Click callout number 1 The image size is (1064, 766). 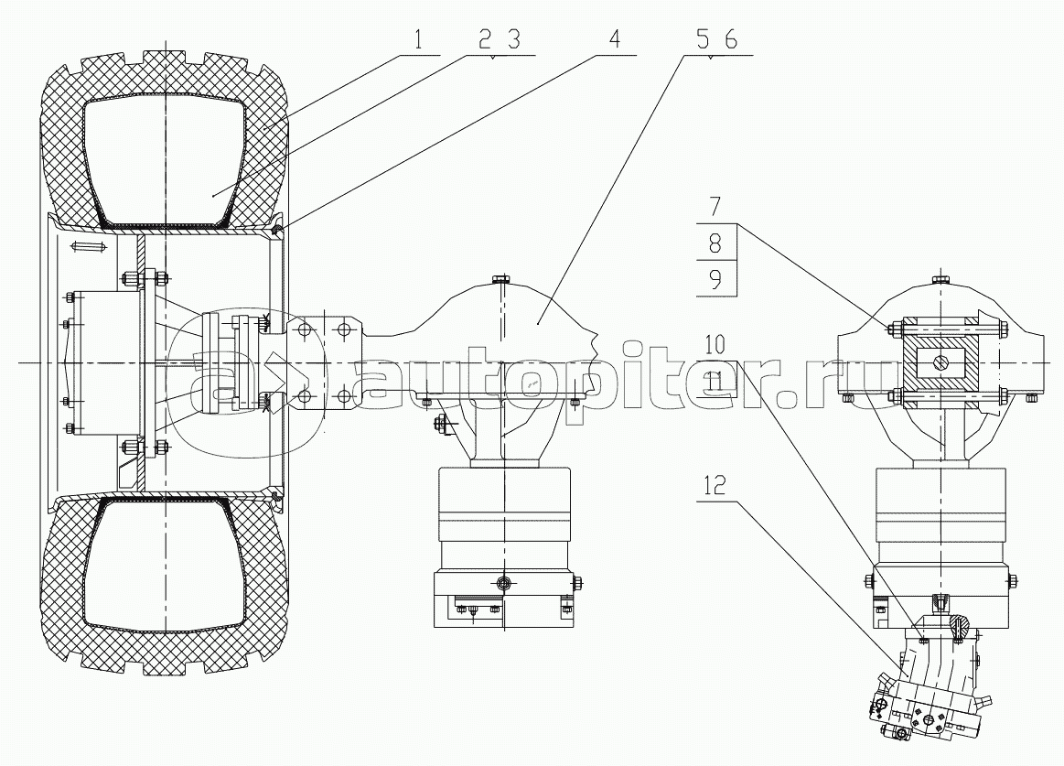click(419, 41)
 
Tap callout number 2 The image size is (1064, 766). click(485, 41)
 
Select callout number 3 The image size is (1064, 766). click(513, 41)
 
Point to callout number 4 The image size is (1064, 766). click(614, 40)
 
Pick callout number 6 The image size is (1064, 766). click(730, 40)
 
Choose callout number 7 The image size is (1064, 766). click(715, 207)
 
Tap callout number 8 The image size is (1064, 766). click(715, 243)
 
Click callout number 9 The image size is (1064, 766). click(715, 279)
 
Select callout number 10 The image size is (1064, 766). click(715, 345)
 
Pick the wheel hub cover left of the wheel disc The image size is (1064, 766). click(106, 363)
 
